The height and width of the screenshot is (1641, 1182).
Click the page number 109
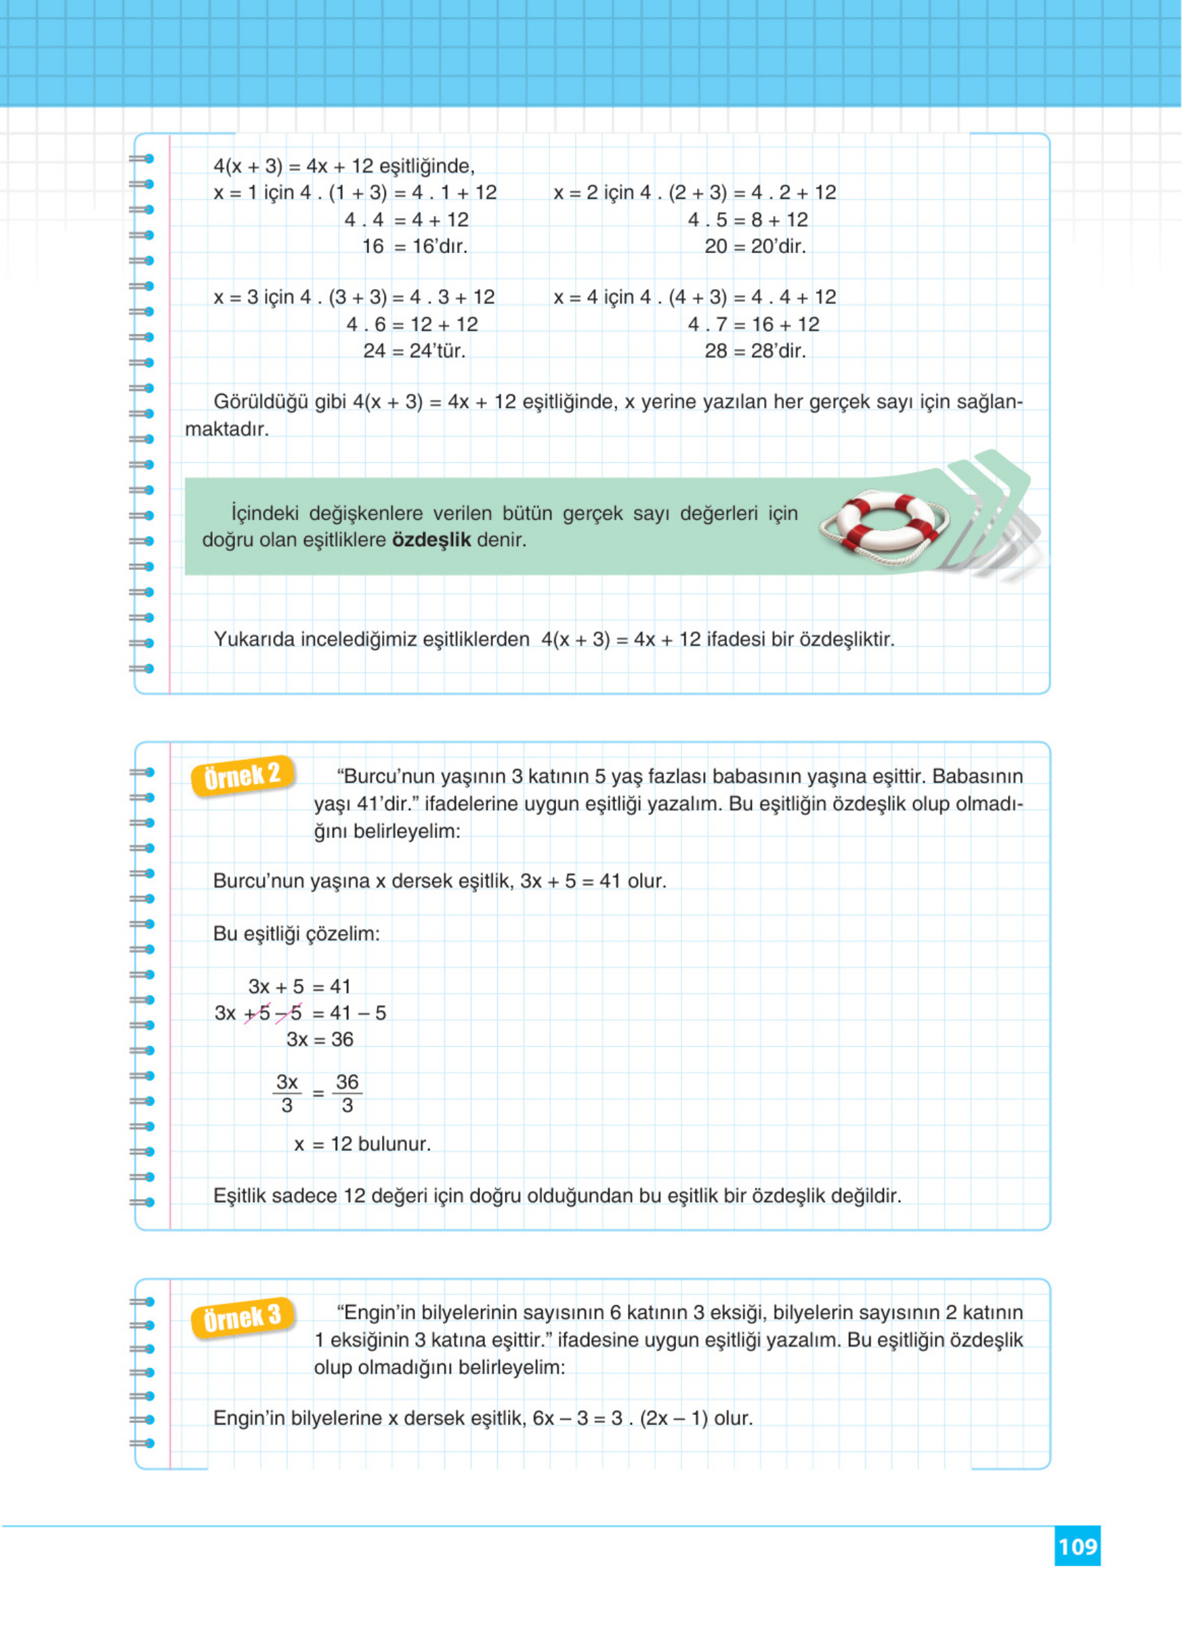(x=1077, y=1546)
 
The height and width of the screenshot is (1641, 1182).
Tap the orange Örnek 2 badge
(x=242, y=776)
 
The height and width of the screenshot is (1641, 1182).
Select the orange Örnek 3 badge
(x=242, y=1317)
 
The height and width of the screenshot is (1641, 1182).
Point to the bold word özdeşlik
(x=431, y=540)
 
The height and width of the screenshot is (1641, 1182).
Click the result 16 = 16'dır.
(x=415, y=246)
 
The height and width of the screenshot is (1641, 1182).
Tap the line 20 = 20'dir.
(x=755, y=246)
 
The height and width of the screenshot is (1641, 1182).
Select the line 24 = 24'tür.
(x=414, y=351)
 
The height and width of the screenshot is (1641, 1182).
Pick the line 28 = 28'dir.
(x=755, y=351)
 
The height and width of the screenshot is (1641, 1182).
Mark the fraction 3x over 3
(x=287, y=1093)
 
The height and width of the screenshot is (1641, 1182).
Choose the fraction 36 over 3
(x=347, y=1093)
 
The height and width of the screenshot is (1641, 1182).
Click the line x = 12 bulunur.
(x=362, y=1144)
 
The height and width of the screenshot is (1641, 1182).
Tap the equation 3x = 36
(x=320, y=1040)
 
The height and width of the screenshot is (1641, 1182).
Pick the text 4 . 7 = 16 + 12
(x=753, y=324)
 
